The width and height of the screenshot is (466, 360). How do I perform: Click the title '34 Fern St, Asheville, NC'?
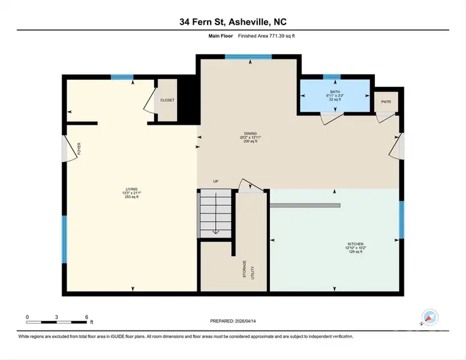pos(233,22)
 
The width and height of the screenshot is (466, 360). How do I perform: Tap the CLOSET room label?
pos(167,100)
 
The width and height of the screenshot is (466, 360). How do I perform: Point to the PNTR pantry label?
pos(386,102)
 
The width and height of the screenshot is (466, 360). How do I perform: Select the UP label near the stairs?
pos(215,181)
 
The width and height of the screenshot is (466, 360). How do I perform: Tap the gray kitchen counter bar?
pos(305,205)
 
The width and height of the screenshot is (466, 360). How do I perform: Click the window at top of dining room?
pos(248,57)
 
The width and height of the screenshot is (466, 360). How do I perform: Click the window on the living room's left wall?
pos(64,239)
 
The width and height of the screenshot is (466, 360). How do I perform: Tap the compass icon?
pos(430,318)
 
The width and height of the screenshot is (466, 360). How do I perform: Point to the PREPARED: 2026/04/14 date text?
pos(233,322)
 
